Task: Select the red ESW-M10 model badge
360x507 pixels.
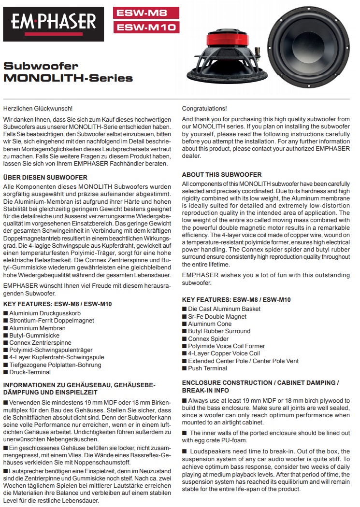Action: [146, 28]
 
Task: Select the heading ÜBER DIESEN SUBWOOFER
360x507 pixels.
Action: [45, 178]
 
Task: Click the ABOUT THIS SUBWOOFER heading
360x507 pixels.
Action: [222, 174]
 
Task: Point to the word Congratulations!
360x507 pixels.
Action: [204, 109]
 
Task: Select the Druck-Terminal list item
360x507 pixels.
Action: [30, 372]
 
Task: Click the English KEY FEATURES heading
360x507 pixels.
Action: [236, 300]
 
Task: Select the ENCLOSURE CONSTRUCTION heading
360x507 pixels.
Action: [260, 382]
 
